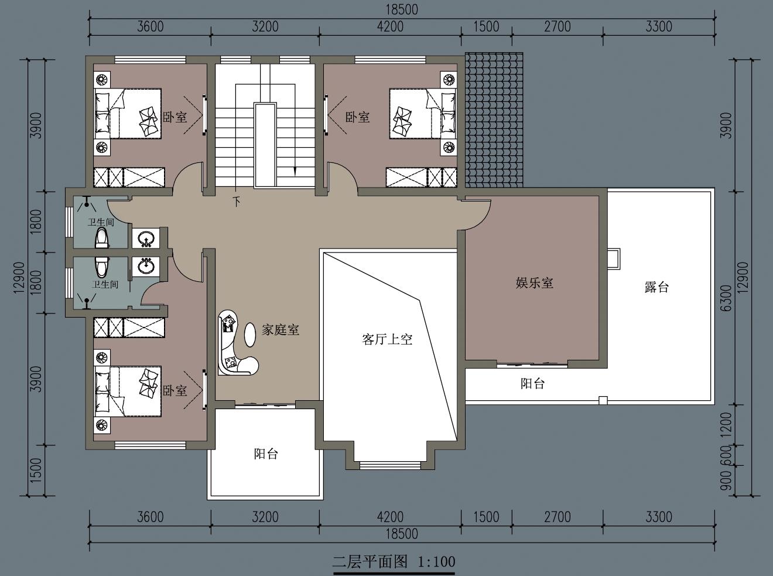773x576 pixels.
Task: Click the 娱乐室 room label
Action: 534,283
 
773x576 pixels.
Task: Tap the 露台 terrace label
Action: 656,287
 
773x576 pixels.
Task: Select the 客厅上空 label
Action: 387,339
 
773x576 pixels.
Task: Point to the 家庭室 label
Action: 281,330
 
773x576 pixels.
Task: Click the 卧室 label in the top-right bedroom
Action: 358,117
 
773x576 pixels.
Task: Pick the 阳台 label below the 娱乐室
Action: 532,383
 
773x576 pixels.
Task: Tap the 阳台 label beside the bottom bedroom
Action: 266,454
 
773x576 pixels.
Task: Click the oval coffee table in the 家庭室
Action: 250,335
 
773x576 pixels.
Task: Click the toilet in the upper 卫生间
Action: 102,237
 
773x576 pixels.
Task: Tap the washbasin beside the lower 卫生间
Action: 146,267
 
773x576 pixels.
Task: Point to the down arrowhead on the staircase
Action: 295,171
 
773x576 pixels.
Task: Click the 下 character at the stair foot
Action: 237,202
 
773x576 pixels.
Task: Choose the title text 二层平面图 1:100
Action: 394,562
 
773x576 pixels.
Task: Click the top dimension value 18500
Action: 402,10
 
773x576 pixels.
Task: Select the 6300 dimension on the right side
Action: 726,298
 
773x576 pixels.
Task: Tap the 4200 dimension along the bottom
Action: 391,517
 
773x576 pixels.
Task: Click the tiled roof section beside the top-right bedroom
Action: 494,120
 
